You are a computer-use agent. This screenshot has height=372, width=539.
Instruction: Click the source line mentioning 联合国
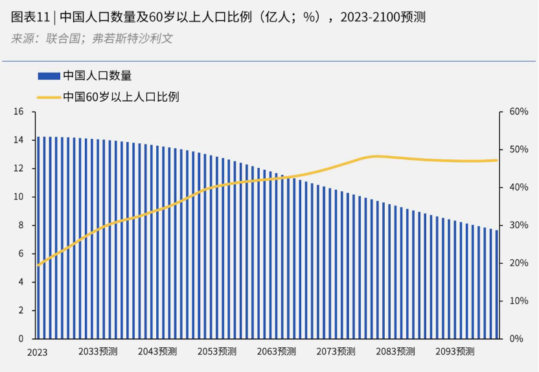(x=92, y=38)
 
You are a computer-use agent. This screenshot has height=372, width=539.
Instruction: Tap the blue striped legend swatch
(x=49, y=76)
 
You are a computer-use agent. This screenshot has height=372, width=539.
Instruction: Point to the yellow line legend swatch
(x=49, y=97)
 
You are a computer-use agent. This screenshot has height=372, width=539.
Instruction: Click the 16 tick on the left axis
(x=19, y=111)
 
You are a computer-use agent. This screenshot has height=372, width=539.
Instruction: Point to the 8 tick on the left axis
(x=21, y=226)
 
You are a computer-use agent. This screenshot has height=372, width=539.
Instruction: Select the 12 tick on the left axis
(x=19, y=169)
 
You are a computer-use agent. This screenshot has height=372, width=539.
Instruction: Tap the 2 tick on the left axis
(x=21, y=310)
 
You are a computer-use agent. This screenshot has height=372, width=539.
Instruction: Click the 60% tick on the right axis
(x=519, y=111)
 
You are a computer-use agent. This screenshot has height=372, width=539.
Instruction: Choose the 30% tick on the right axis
(x=519, y=226)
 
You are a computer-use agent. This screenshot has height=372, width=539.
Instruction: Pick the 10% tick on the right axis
(x=519, y=301)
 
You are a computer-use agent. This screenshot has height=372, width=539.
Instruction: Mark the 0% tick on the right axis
(x=516, y=339)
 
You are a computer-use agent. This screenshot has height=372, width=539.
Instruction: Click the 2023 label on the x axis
(x=37, y=352)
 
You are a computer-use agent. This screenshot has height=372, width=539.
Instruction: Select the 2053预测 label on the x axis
(x=217, y=351)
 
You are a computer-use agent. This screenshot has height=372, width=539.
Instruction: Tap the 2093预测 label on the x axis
(x=455, y=351)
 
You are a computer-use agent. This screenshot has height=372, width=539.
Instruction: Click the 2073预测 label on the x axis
(x=336, y=351)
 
